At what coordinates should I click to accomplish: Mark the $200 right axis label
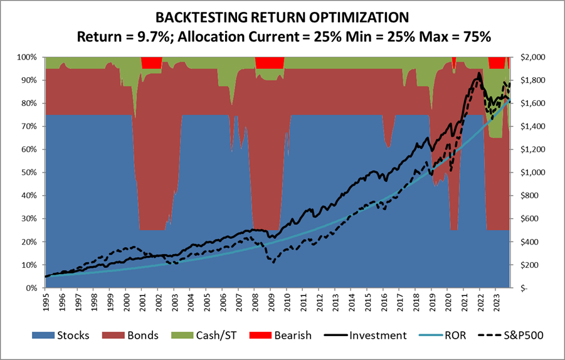click(530, 265)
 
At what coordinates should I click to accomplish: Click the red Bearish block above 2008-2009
click(270, 62)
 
